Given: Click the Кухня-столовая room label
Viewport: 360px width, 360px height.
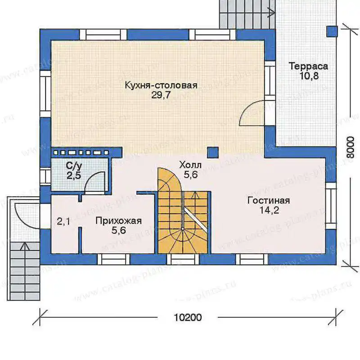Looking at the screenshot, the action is [x=161, y=85].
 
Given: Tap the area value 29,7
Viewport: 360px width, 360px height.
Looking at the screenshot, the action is [x=161, y=95].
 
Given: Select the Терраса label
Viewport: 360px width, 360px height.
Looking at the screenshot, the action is [x=308, y=66].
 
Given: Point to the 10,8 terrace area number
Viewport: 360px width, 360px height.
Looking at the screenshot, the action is [x=309, y=76].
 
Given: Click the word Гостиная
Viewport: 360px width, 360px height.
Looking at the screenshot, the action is [x=269, y=201].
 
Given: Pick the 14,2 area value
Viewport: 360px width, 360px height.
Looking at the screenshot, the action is [x=269, y=210].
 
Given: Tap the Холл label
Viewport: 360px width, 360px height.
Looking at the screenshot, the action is [x=190, y=165].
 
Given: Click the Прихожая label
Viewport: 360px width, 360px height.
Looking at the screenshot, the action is [x=118, y=221].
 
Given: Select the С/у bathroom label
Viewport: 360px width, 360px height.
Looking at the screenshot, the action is [x=73, y=166].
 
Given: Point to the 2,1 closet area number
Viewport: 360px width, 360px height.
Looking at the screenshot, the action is [x=63, y=222].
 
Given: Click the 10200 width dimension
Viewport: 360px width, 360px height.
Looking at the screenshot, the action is [x=188, y=318].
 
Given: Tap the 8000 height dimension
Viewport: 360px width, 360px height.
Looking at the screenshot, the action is [x=351, y=147].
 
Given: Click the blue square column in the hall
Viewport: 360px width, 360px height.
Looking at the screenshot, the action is [x=213, y=153].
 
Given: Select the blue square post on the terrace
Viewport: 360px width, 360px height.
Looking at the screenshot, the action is [x=332, y=31].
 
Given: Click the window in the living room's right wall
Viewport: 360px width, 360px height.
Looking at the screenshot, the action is [x=331, y=206].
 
